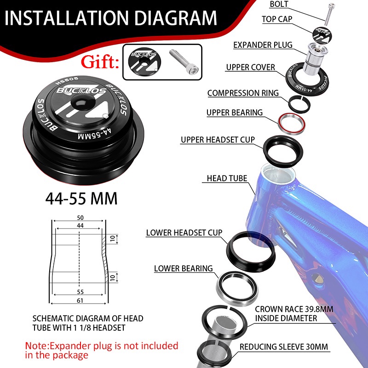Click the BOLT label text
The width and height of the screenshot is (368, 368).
click(x=279, y=4)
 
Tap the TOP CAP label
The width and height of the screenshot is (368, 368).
click(x=277, y=19)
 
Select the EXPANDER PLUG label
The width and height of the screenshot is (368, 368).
click(x=263, y=45)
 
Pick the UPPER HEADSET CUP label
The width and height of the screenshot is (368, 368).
click(x=218, y=140)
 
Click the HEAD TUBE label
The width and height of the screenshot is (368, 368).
click(x=227, y=178)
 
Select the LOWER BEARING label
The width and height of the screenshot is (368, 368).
click(x=183, y=269)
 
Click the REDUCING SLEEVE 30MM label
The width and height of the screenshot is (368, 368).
click(x=283, y=347)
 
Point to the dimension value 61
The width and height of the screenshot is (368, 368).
click(x=80, y=300)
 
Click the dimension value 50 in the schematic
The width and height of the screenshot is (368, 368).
click(x=80, y=218)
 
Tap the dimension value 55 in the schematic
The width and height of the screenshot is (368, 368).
click(x=80, y=292)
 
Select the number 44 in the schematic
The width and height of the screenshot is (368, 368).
click(x=80, y=225)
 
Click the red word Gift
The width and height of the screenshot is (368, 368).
click(x=100, y=62)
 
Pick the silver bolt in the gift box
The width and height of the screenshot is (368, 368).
click(x=184, y=62)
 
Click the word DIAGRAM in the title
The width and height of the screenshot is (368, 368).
click(x=176, y=17)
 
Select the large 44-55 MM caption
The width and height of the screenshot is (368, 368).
click(x=81, y=199)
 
